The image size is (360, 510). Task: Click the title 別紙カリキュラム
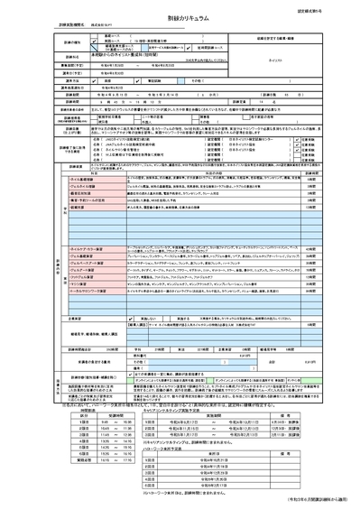[x=180, y=18]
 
